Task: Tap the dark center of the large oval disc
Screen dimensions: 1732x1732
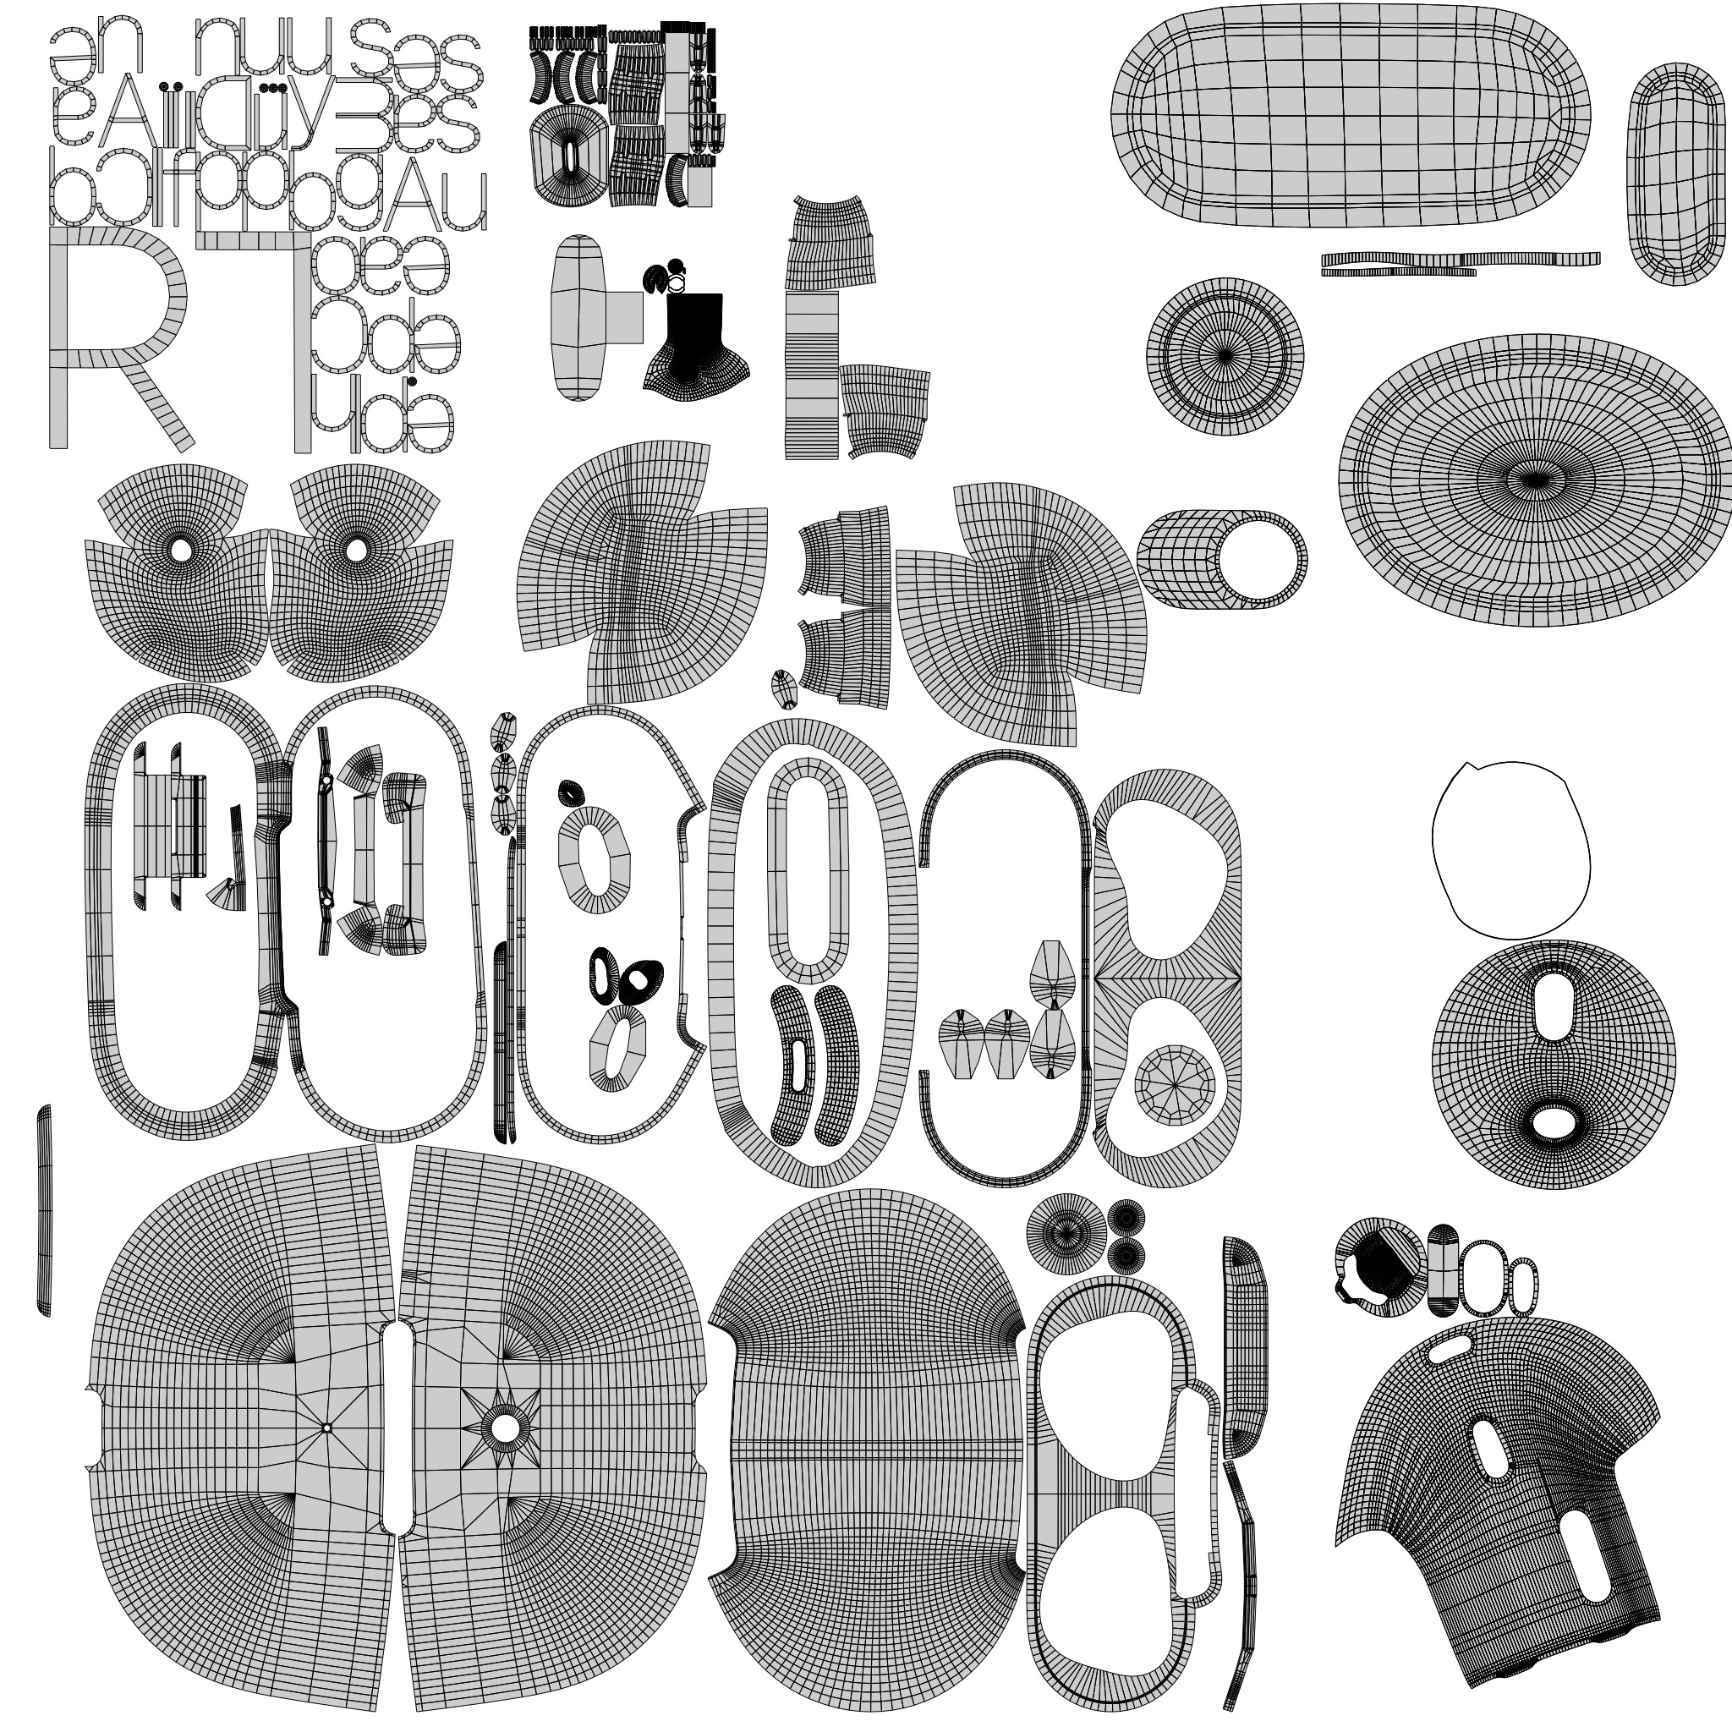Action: pyautogui.click(x=1535, y=480)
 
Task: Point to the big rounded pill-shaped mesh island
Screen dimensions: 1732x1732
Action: pyautogui.click(x=1349, y=117)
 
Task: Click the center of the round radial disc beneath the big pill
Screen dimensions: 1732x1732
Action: pyautogui.click(x=1225, y=356)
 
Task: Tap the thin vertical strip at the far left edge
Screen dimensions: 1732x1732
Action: pyautogui.click(x=44, y=1210)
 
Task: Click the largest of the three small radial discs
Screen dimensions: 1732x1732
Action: pyautogui.click(x=1066, y=1235)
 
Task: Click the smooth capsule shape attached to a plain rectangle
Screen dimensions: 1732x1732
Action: pyautogui.click(x=579, y=317)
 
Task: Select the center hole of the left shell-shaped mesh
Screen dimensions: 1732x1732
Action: pyautogui.click(x=181, y=550)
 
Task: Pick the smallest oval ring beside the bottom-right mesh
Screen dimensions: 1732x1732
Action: pyautogui.click(x=1523, y=1286)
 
